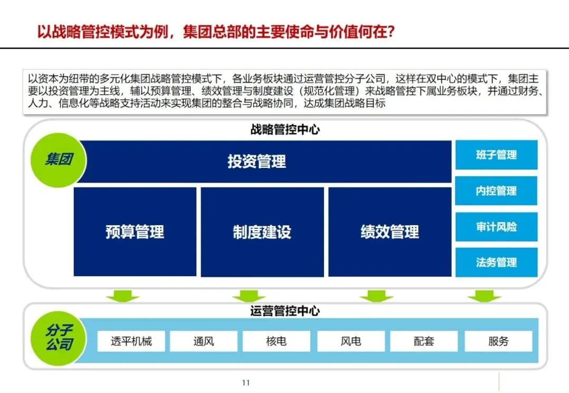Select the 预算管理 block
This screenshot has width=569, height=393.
tap(135, 231)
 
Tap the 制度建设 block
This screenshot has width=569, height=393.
tap(262, 231)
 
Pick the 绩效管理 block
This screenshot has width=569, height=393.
tap(390, 231)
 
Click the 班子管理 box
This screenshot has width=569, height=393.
tap(496, 155)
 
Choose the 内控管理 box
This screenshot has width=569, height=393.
tap(496, 191)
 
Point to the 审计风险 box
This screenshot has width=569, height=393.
tap(496, 227)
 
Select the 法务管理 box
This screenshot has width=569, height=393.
tap(496, 262)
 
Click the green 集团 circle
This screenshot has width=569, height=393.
tap(58, 160)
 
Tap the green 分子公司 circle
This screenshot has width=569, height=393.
tap(58, 337)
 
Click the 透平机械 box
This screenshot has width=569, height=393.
tap(131, 341)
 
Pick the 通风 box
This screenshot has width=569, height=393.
tap(203, 341)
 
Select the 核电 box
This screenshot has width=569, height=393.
tap(276, 341)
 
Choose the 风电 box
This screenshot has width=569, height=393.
tap(351, 341)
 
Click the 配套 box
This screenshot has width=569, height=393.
tap(424, 341)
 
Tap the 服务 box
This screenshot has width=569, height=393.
tap(498, 341)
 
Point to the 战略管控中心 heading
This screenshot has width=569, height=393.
tap(284, 129)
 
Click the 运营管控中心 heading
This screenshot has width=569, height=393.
tap(284, 311)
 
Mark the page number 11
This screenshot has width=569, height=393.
tap(246, 382)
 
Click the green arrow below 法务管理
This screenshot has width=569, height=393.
tap(484, 296)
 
